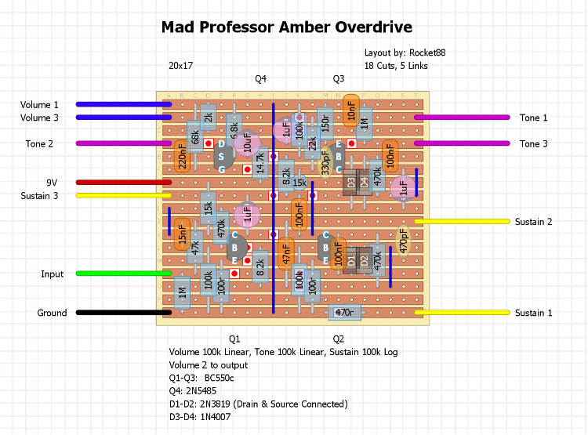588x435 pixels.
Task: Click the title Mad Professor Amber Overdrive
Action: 287,27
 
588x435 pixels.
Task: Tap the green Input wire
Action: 124,274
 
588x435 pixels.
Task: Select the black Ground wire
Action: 124,313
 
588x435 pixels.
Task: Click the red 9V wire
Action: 124,183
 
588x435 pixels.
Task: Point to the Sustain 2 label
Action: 533,222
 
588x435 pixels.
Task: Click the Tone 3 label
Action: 533,143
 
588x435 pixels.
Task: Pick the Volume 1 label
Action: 39,104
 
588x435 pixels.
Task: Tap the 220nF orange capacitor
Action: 182,157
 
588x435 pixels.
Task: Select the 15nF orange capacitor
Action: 182,234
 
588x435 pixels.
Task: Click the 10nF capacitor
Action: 351,111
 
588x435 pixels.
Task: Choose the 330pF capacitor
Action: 325,163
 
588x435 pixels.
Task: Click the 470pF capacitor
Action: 404,241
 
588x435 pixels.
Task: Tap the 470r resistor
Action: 345,313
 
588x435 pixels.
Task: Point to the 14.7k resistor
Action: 260,163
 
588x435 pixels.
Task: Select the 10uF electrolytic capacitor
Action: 247,143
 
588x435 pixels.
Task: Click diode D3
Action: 351,183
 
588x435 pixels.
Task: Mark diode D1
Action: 351,260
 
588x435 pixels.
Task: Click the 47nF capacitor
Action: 286,254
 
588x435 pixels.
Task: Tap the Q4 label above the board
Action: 260,78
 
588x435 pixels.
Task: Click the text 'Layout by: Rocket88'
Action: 405,53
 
